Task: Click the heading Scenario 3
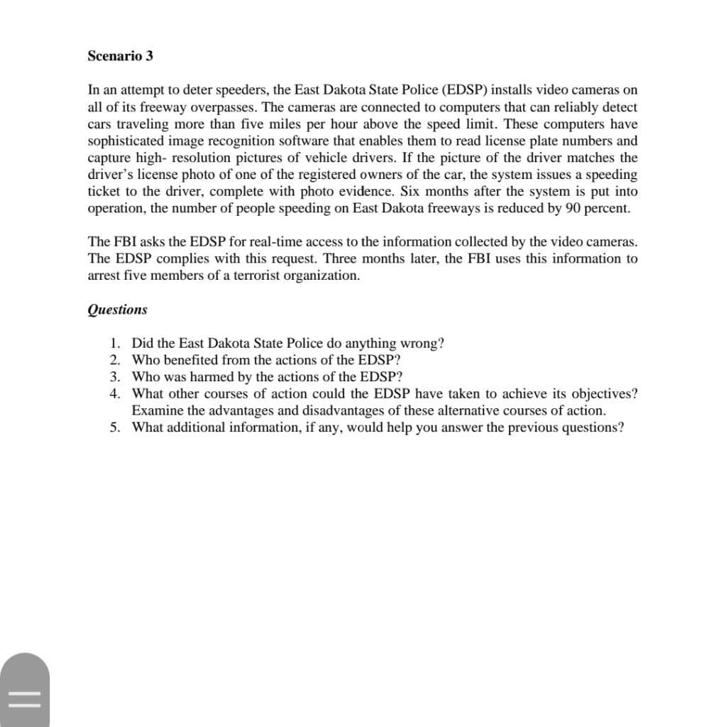click(x=120, y=55)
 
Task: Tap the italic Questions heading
click(x=117, y=310)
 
